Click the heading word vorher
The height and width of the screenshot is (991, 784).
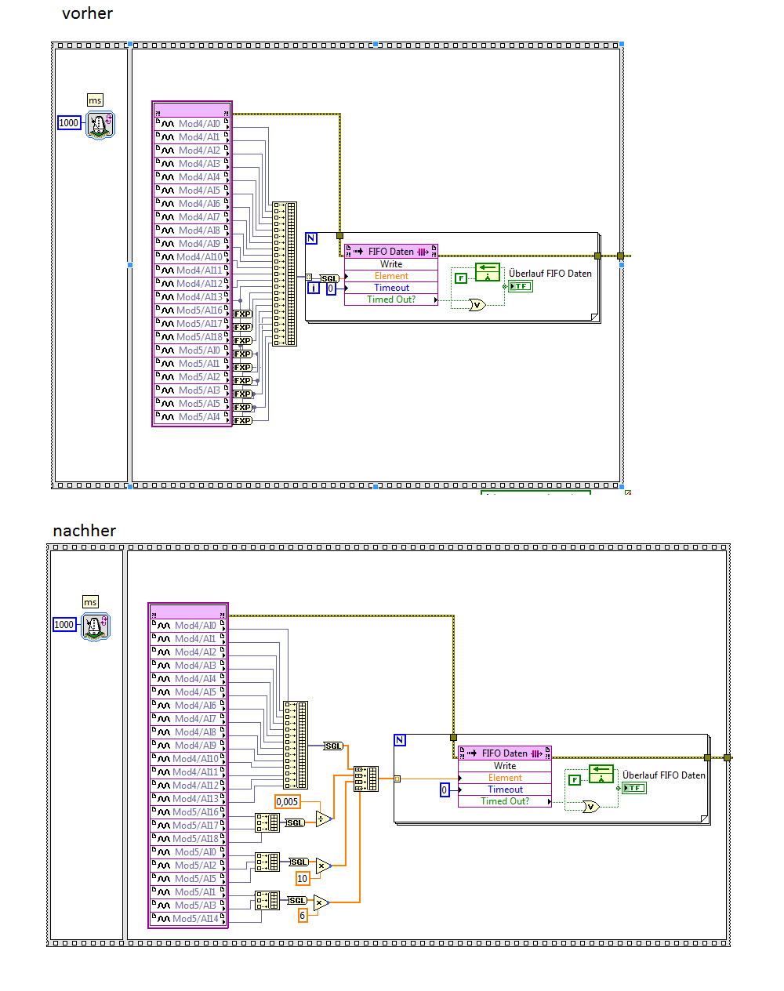(87, 13)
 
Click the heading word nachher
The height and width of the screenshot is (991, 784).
(84, 531)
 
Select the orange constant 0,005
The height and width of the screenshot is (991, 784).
(287, 801)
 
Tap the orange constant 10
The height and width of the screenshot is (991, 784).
(303, 878)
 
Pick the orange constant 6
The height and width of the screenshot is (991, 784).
(303, 915)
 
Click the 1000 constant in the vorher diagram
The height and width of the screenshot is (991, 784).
(69, 122)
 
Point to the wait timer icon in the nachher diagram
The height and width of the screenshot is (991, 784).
(96, 626)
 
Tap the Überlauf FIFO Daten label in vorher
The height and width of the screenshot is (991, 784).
(550, 273)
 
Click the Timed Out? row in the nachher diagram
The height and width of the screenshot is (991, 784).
(505, 801)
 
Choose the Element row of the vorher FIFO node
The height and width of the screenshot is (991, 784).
(391, 276)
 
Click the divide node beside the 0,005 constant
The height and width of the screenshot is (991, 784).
(323, 819)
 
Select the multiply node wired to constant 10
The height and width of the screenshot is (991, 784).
(323, 866)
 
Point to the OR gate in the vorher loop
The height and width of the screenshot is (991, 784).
(477, 305)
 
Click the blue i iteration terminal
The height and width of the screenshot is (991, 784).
(313, 289)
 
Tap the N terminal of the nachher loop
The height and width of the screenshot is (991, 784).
(400, 740)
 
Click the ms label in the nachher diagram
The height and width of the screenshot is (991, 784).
(90, 602)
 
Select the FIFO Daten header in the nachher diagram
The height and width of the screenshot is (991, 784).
(505, 753)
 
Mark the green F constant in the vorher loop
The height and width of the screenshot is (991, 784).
(461, 278)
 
